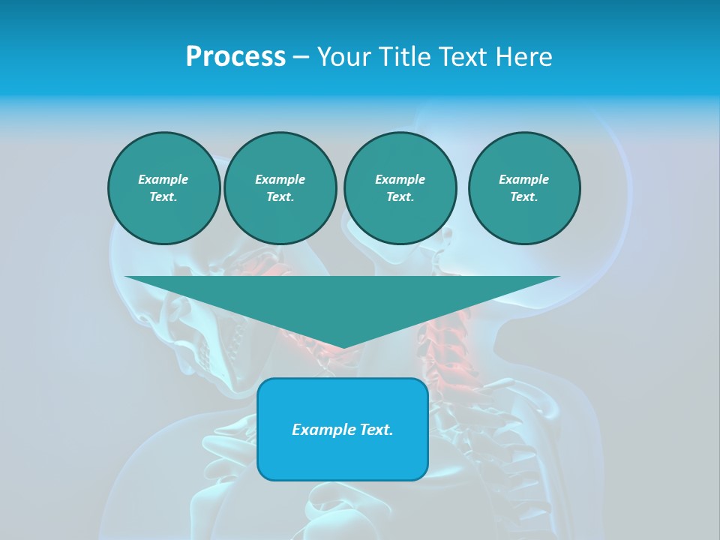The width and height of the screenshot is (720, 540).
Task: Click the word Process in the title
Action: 235,57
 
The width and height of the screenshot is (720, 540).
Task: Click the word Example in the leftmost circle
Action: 163,179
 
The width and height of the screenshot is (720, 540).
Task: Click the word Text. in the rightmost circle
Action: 523,196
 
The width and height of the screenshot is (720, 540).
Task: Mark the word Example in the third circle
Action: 400,179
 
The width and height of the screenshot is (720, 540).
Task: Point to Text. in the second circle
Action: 280,196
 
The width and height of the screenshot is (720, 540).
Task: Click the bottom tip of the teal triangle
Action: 343,347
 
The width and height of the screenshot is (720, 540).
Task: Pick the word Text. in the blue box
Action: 377,430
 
